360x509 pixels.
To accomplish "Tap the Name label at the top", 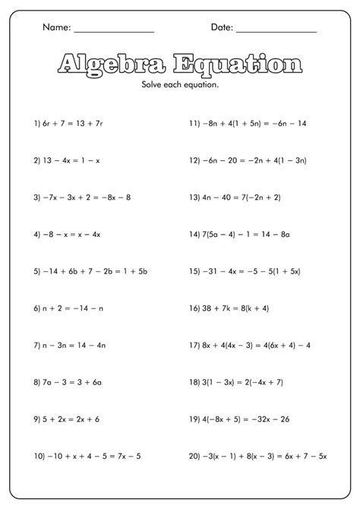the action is (x=56, y=27).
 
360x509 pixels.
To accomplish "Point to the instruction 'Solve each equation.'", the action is (x=180, y=84).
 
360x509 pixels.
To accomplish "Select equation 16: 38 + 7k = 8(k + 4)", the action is (x=229, y=308).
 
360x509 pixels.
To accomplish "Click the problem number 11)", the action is (x=194, y=122).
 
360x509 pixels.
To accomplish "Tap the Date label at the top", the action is (x=221, y=27).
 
